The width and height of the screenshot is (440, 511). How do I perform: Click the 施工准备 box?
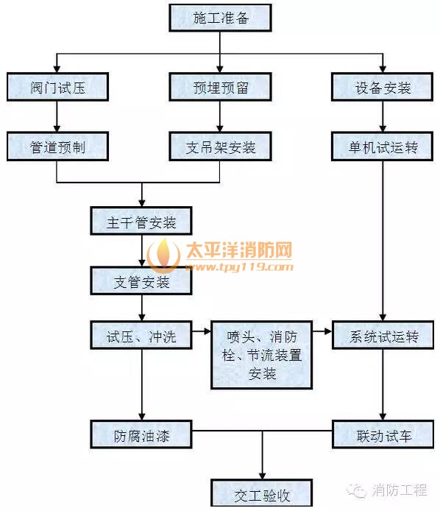click(x=220, y=18)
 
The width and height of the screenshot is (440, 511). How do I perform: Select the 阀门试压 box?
click(x=57, y=87)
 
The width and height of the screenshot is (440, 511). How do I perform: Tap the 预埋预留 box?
click(x=220, y=87)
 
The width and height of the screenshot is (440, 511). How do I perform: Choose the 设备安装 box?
click(x=383, y=87)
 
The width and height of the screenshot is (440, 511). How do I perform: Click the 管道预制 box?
click(x=57, y=147)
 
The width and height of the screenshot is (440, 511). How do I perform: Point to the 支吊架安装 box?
click(x=220, y=147)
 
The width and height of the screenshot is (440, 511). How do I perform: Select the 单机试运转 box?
click(x=383, y=147)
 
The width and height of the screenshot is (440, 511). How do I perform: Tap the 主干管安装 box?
click(x=141, y=221)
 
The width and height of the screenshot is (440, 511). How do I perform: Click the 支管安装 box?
click(x=141, y=281)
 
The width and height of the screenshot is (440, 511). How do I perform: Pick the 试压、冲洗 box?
click(x=141, y=335)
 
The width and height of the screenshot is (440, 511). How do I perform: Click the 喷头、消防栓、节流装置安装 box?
click(x=262, y=355)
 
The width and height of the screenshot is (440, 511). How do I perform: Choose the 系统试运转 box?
click(x=383, y=335)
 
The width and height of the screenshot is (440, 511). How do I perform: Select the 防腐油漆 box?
click(x=141, y=434)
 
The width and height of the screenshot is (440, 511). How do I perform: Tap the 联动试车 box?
click(x=383, y=434)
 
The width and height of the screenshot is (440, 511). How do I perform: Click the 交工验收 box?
click(x=262, y=493)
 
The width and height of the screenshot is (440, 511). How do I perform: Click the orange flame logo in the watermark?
click(x=163, y=255)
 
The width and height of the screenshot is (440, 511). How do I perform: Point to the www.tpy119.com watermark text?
click(x=239, y=267)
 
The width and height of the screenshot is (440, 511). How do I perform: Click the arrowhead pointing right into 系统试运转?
click(x=328, y=331)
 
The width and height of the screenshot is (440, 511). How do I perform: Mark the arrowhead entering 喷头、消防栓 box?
click(x=207, y=331)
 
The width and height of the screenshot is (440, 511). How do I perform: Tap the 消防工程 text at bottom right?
click(x=400, y=490)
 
